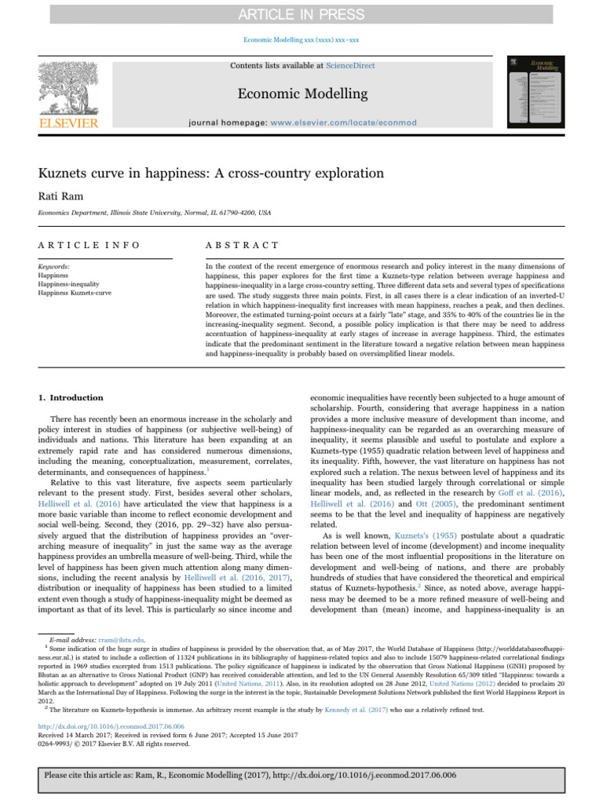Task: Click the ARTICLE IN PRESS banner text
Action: [301, 14]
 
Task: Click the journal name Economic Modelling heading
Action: [301, 94]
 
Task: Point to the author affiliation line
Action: [155, 212]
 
